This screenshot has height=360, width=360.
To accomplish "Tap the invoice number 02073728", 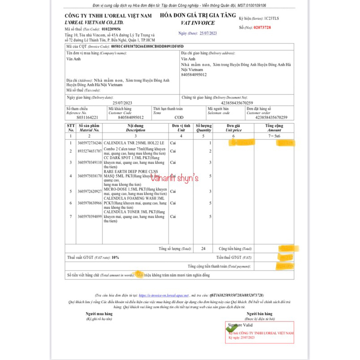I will tap(262, 27).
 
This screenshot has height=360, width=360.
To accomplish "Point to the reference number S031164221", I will tap(86, 117).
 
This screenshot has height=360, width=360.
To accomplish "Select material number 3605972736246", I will tap(90, 142).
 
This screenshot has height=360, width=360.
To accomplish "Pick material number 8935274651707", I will tap(90, 151).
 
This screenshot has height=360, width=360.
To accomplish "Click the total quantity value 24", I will tap(203, 248).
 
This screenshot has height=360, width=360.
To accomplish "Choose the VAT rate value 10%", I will tap(116, 257).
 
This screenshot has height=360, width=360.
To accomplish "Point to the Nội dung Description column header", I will tap(136, 128).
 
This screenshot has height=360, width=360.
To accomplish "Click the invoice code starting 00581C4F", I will tap(148, 46).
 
